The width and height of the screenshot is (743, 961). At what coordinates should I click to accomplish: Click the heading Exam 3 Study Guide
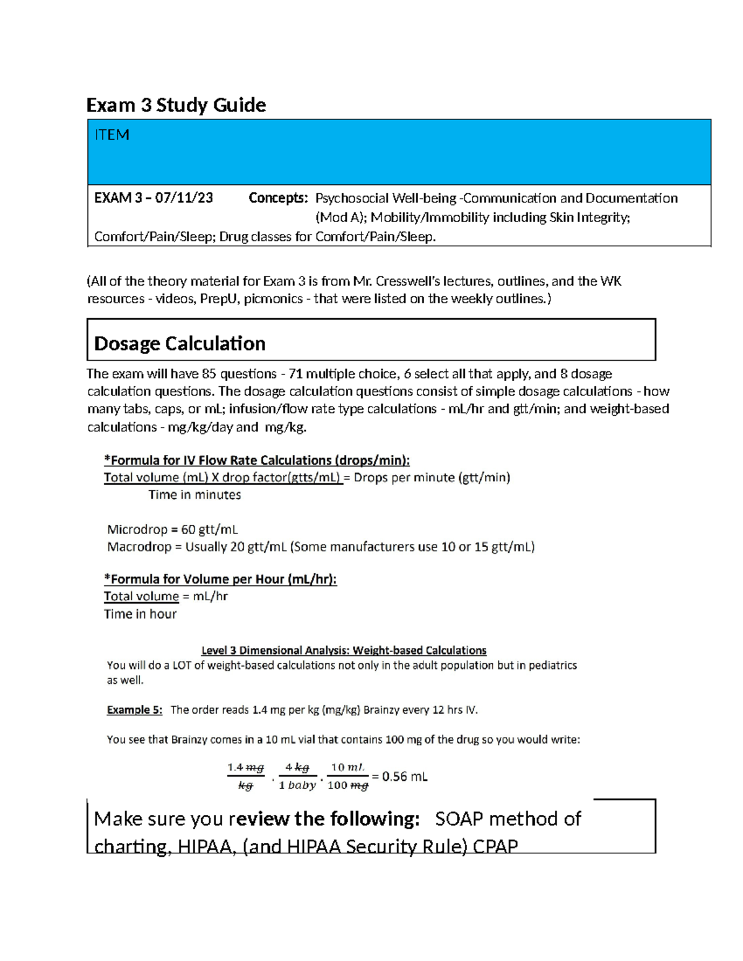[176, 105]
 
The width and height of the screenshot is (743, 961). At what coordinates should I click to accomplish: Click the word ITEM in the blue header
[111, 135]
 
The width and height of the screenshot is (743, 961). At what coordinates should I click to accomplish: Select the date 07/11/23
[184, 198]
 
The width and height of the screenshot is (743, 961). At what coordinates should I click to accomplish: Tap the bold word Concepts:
[278, 198]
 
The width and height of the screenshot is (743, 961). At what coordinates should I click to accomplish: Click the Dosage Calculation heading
[180, 343]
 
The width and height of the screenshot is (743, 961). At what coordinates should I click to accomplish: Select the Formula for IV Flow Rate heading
[257, 460]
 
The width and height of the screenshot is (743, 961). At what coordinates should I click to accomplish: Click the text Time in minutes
[194, 495]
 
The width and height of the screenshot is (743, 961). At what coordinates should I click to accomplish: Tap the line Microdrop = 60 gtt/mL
[172, 530]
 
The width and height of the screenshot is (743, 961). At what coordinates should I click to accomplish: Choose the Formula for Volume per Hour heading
[220, 579]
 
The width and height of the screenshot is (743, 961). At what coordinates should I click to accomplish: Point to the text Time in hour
[140, 614]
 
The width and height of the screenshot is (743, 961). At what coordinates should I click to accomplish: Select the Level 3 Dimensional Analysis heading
[344, 650]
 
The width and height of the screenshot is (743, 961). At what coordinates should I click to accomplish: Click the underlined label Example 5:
[134, 710]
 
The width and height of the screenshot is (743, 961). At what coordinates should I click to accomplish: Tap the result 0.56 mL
[404, 777]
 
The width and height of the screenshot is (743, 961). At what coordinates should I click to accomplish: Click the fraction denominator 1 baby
[297, 785]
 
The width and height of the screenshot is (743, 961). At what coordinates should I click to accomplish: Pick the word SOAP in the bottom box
[459, 819]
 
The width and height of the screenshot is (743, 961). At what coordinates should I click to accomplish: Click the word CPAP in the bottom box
[495, 846]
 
